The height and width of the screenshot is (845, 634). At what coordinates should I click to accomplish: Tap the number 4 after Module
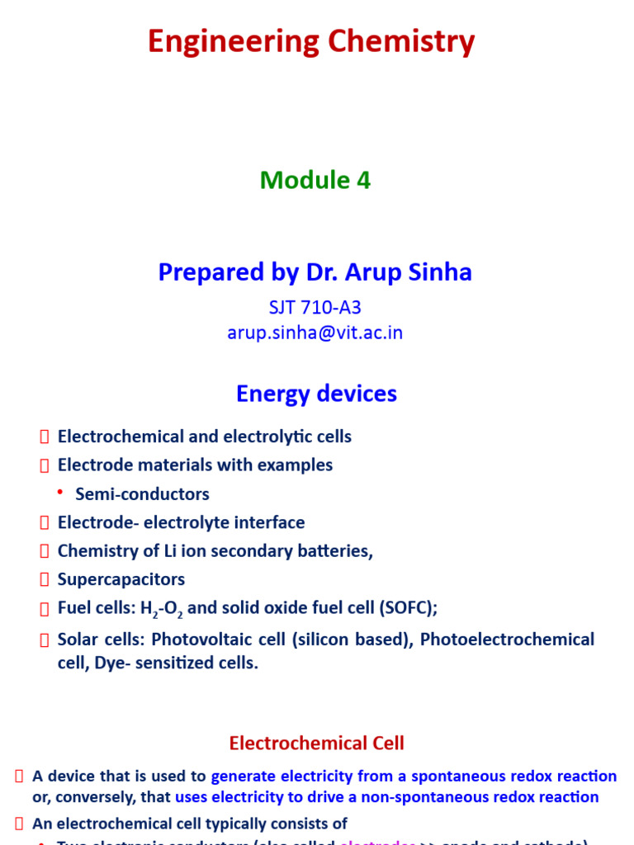pos(363,180)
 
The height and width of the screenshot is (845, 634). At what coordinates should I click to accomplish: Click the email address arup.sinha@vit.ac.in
pos(315,333)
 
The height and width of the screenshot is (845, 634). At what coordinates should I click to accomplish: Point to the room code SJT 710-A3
pos(315,308)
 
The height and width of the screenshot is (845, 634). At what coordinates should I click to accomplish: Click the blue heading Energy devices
pos(316,394)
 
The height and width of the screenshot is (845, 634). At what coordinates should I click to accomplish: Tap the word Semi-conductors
pos(142,493)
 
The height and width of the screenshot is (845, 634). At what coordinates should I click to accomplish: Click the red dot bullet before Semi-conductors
pos(60,493)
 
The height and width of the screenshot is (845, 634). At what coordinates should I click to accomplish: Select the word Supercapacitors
pos(121,579)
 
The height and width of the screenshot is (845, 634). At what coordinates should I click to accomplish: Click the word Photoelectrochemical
pos(507,640)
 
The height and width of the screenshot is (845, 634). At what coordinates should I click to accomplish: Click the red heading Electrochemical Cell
pos(317,744)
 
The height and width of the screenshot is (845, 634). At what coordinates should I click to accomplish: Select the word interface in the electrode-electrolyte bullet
pos(270,522)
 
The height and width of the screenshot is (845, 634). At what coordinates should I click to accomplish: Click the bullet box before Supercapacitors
pos(45,580)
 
